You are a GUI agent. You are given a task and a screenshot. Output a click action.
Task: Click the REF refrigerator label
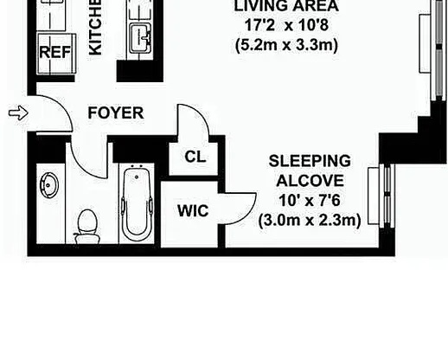pyautogui.click(x=54, y=51)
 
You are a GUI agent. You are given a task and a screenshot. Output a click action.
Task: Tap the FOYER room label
pyautogui.click(x=115, y=113)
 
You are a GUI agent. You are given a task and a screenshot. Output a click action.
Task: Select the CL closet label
pyautogui.click(x=195, y=157)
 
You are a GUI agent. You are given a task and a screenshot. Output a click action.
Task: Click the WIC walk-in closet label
pyautogui.click(x=191, y=210)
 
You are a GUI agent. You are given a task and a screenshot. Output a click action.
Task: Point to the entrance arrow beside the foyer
pyautogui.click(x=16, y=112)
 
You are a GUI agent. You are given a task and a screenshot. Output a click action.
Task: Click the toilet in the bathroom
pyautogui.click(x=86, y=226)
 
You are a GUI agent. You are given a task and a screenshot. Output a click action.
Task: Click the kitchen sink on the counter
pyautogui.click(x=141, y=36)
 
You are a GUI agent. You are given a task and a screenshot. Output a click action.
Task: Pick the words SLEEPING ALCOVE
pyautogui.click(x=309, y=170)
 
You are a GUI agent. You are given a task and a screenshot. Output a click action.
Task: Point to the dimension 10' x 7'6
pyautogui.click(x=309, y=201)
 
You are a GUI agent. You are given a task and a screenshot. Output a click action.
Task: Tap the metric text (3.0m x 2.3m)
pyautogui.click(x=309, y=221)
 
